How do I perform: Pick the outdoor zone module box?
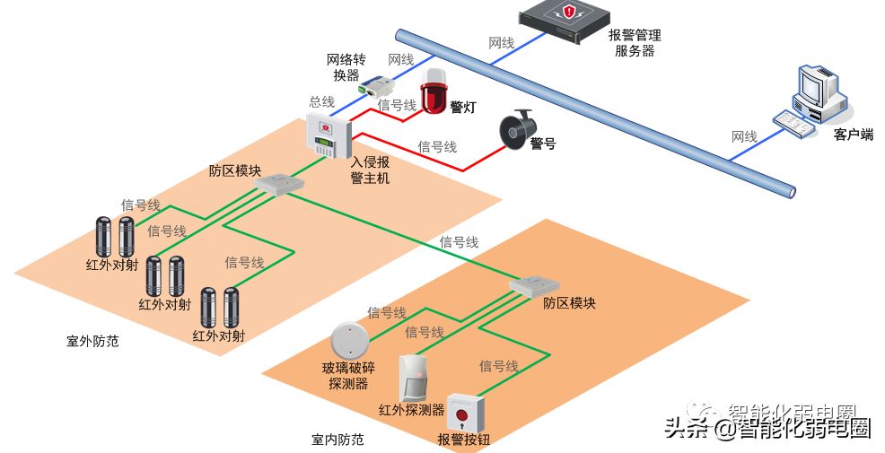279,183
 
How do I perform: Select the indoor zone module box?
534,286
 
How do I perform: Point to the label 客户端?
853,135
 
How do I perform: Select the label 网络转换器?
346,67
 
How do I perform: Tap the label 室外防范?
92,342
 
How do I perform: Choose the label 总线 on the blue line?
321,101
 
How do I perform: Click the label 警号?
543,144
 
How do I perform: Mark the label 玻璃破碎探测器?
346,376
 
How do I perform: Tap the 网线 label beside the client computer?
744,136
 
